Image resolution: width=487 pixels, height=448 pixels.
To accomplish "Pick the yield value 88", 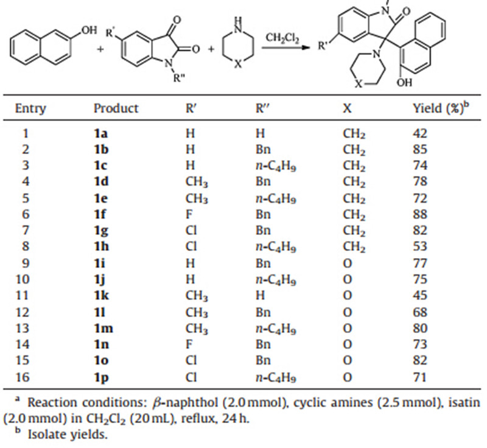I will (420, 214).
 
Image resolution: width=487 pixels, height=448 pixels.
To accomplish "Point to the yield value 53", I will (420, 247).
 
